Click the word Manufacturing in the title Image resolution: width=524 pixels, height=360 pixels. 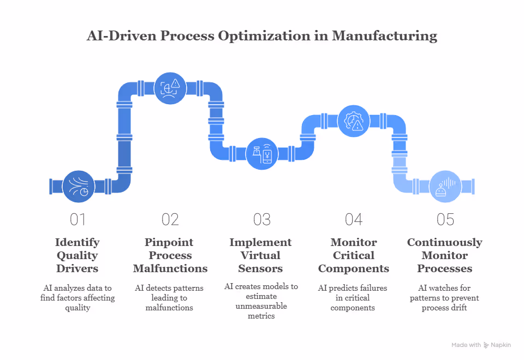pos(385,36)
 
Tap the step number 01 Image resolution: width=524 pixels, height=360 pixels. pos(79,219)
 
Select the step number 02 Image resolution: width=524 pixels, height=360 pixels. pos(170,219)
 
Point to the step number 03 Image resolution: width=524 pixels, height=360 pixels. pos(262,219)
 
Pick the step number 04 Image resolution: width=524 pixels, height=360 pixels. pos(354,219)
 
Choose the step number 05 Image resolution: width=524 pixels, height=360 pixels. pos(445,219)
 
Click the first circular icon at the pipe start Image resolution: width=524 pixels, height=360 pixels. pos(79,187)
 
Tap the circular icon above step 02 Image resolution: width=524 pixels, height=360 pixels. pos(170,88)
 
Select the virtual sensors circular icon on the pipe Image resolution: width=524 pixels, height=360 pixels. pos(262,153)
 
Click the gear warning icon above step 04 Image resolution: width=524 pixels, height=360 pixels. pos(354,121)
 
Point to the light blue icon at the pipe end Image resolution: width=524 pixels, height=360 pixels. pos(445,187)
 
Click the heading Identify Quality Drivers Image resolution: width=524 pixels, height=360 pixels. pos(78,255)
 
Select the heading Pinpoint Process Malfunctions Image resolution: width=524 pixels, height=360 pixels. pos(170,255)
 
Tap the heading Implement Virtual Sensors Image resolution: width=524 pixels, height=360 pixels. pos(261,255)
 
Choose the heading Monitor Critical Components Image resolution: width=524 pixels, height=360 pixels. pos(354,255)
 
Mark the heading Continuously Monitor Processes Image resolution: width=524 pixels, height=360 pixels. pos(445,255)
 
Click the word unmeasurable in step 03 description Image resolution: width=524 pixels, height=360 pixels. pos(261,307)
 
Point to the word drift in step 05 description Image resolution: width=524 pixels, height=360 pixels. pos(460,308)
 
